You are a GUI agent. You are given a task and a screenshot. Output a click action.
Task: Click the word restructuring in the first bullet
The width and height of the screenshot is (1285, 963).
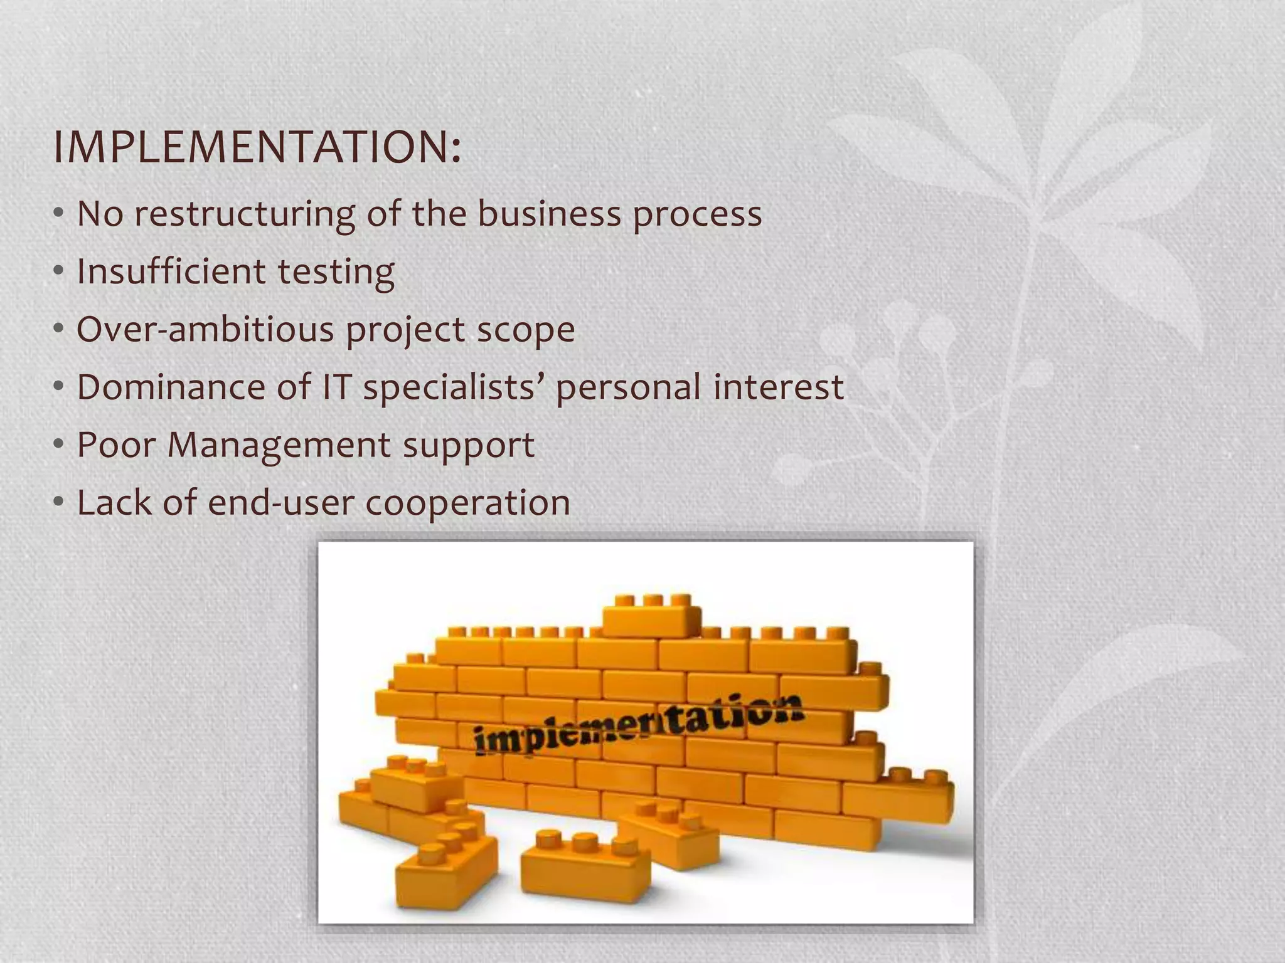tap(245, 214)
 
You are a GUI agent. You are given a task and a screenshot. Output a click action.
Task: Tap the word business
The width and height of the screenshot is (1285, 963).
tap(548, 213)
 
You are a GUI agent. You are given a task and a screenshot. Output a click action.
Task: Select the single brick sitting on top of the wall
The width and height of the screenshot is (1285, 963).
tap(651, 618)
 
